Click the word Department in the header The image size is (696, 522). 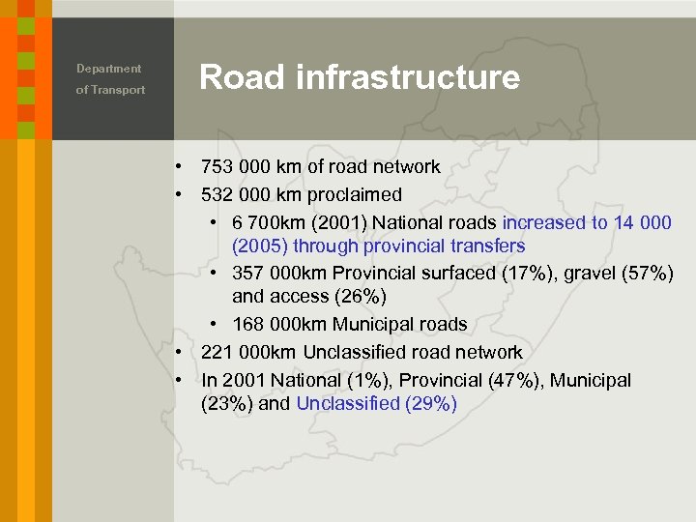click(109, 69)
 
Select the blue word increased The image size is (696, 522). click(544, 223)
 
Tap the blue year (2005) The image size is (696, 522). click(260, 246)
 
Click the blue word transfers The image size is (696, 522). click(488, 246)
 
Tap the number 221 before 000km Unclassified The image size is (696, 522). click(217, 353)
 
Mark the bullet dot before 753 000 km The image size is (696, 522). click(180, 167)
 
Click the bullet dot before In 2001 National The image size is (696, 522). click(180, 381)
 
